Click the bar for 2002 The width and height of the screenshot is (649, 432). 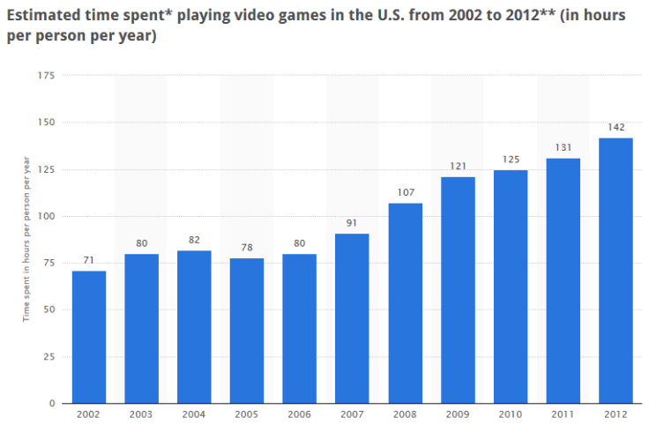pos(89,337)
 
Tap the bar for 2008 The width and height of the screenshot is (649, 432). pos(405,303)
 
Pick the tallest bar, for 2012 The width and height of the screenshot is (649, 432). pos(615,271)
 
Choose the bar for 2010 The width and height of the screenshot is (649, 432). pos(511,287)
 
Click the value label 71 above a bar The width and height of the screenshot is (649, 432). pos(89,261)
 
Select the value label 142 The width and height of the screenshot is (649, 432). pos(615,128)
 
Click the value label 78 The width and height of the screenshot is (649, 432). pos(247,248)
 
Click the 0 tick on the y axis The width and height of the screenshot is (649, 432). pos(52,404)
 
